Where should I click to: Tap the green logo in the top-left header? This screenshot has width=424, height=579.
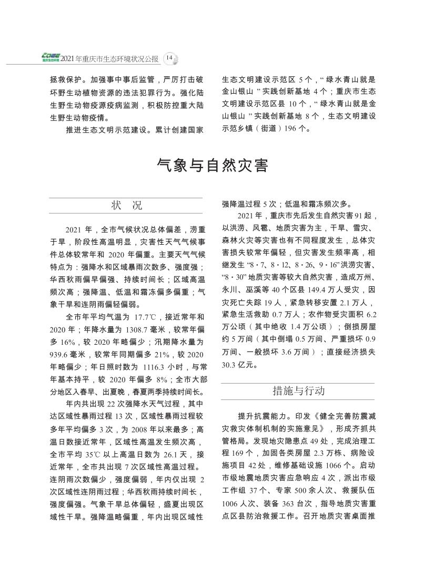click(x=52, y=57)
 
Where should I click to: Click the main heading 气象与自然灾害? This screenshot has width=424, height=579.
click(x=212, y=166)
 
